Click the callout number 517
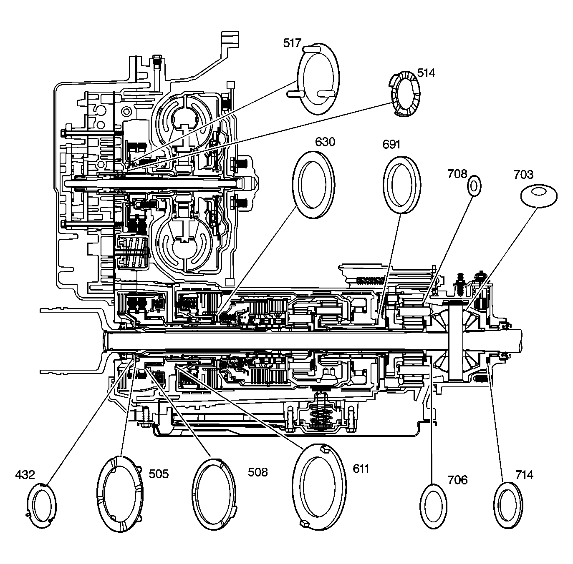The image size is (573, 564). (x=292, y=43)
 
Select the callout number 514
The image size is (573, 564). (x=426, y=73)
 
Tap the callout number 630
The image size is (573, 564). (x=325, y=142)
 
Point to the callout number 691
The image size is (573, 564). (x=391, y=145)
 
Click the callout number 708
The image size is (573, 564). (x=457, y=173)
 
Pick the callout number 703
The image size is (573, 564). (x=523, y=174)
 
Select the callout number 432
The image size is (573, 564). (x=25, y=474)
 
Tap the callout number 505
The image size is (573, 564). (x=159, y=474)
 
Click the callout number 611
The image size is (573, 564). (x=361, y=469)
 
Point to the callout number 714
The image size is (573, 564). (x=524, y=474)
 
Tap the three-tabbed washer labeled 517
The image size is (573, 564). (x=318, y=78)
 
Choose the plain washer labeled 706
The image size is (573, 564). (x=434, y=506)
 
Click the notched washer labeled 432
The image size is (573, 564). (x=41, y=504)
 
